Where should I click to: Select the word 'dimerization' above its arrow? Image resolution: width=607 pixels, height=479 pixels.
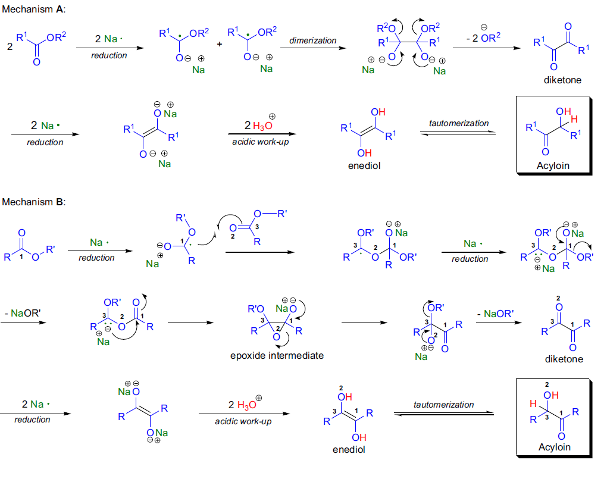click(312, 40)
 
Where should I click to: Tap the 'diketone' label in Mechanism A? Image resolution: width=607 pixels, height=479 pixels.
click(562, 79)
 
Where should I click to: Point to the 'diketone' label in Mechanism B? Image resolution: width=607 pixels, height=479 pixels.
click(564, 359)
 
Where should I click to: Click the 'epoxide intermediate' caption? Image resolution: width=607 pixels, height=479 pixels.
click(277, 355)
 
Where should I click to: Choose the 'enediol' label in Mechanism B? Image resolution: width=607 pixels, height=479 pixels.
click(349, 449)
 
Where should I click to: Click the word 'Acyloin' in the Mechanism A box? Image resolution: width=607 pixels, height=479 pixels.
click(553, 165)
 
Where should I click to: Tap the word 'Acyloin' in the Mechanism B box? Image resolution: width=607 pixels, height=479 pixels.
click(554, 447)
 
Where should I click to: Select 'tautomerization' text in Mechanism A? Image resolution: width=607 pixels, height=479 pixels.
click(459, 123)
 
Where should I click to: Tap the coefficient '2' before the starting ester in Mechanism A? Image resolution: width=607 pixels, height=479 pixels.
click(10, 45)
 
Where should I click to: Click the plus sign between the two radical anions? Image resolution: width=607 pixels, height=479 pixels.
click(219, 44)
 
